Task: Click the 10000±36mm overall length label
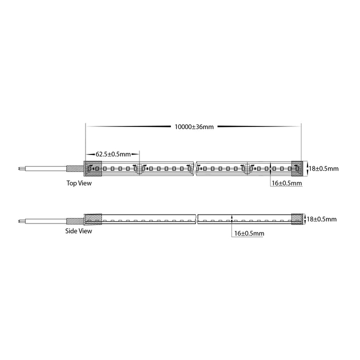point(194,126)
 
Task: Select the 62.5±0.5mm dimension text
point(113,154)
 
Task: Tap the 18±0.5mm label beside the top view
point(323,169)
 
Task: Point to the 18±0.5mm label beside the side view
point(321,219)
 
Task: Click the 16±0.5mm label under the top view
point(287,183)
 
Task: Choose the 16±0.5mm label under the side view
point(249,233)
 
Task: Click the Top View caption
point(79,183)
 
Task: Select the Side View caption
point(78,231)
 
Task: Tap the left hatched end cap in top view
point(93,169)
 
